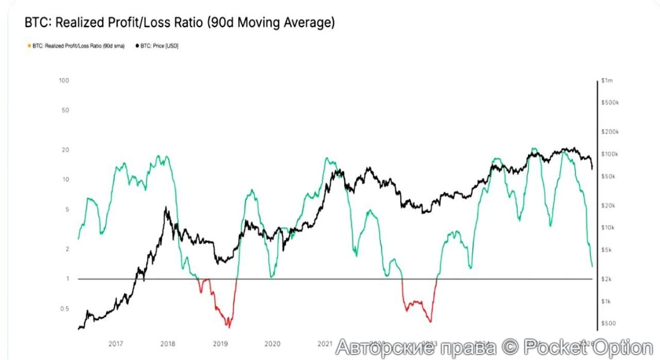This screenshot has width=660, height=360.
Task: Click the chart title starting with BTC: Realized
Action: tap(179, 23)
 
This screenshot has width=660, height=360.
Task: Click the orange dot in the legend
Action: tap(29, 46)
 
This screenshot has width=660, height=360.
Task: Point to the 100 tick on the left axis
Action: tap(64, 80)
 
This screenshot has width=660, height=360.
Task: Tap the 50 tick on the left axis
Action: tap(65, 110)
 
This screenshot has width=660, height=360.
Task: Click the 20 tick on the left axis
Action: tap(65, 150)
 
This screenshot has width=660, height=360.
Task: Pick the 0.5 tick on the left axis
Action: tap(64, 309)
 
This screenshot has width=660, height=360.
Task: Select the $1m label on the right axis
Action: tap(605, 80)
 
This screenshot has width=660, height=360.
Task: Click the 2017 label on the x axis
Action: tap(116, 344)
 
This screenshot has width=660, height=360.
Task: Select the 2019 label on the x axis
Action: tap(220, 344)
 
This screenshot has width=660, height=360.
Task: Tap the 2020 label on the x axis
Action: tap(272, 344)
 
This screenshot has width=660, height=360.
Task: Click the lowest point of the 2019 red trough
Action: tap(229, 326)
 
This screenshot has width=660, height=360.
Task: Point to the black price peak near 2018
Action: tap(166, 208)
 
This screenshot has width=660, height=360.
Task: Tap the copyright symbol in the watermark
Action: tap(509, 347)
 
